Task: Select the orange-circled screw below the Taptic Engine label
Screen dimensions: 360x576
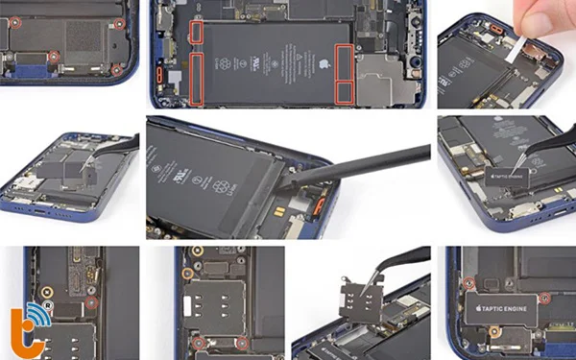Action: coord(494,332)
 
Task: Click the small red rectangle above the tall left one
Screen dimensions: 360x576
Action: coord(196,33)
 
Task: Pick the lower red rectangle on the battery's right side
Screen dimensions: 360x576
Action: coord(343,91)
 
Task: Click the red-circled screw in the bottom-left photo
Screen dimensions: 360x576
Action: coord(90,302)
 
